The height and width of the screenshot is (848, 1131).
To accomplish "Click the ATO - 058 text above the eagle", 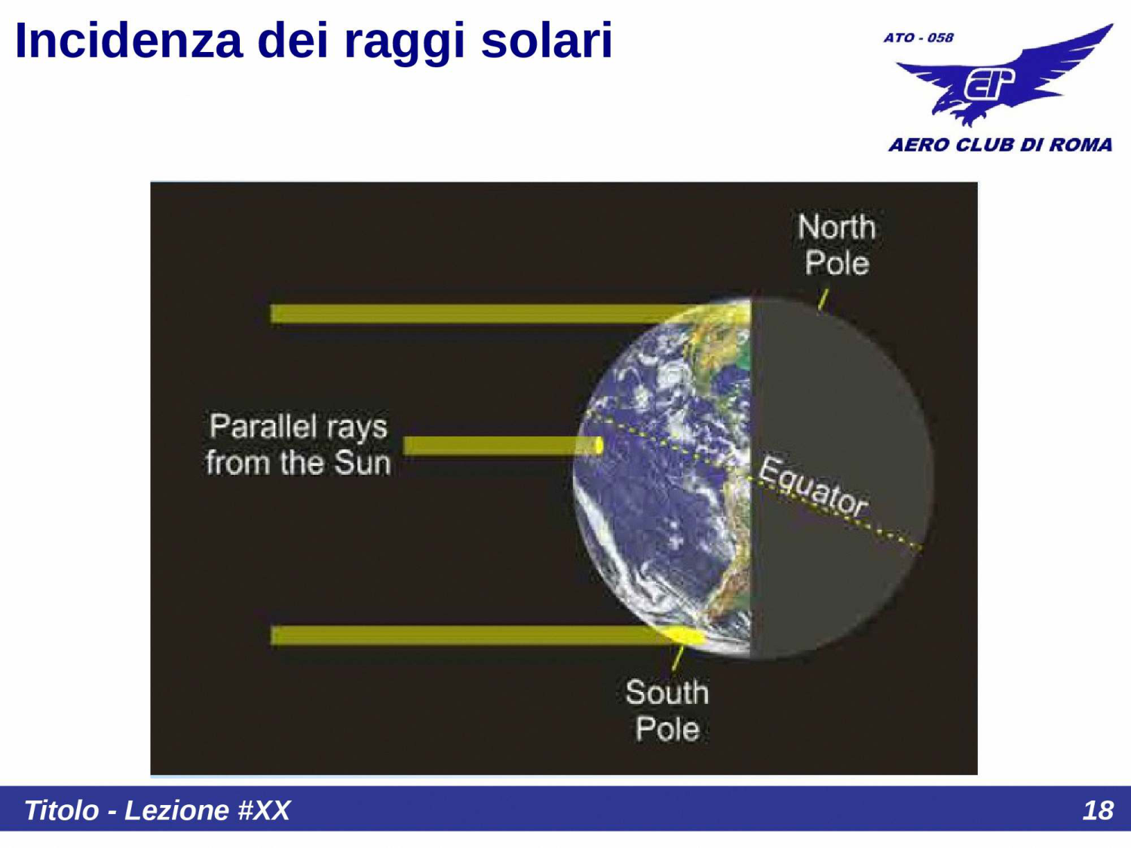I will pyautogui.click(x=918, y=38).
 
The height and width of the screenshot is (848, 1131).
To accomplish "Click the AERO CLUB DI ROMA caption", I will pyautogui.click(x=1000, y=145).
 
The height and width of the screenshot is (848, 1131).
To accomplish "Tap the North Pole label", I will pyautogui.click(x=836, y=245).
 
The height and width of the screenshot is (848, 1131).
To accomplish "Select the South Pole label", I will pyautogui.click(x=667, y=711).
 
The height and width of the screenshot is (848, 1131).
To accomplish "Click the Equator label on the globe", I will pyautogui.click(x=813, y=487).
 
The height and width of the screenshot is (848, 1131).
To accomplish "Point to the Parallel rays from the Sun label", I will pyautogui.click(x=299, y=445).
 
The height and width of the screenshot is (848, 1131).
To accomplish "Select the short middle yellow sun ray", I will pyautogui.click(x=498, y=446).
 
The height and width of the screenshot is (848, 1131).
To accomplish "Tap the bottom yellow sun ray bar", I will pyautogui.click(x=467, y=635).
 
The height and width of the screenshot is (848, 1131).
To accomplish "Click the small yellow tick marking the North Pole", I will pyautogui.click(x=823, y=299).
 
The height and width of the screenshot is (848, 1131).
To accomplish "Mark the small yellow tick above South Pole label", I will pyautogui.click(x=677, y=657).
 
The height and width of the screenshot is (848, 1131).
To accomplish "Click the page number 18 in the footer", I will pyautogui.click(x=1097, y=810).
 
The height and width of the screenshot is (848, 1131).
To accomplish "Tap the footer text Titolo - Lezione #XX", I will pyautogui.click(x=157, y=810).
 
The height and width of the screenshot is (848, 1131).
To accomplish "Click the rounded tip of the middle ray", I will pyautogui.click(x=599, y=446).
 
